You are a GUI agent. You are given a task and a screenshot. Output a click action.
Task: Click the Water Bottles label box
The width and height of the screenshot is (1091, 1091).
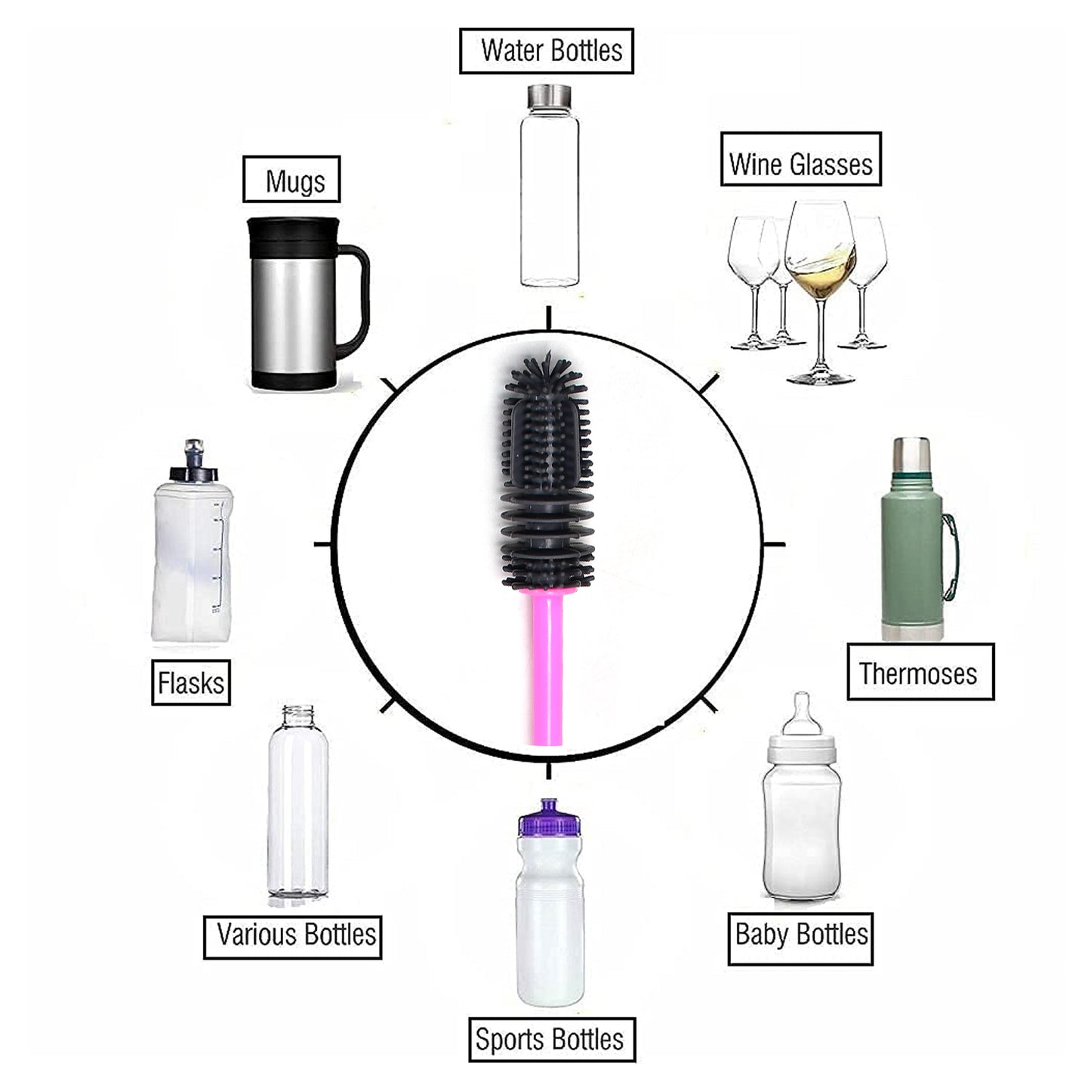[x=546, y=51]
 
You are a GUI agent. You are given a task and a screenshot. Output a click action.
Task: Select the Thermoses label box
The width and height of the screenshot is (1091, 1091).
[x=920, y=672]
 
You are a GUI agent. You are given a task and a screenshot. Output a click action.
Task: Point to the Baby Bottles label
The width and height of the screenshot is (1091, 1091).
[x=800, y=938]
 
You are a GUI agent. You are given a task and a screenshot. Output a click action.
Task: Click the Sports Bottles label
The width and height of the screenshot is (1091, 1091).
[x=551, y=1040]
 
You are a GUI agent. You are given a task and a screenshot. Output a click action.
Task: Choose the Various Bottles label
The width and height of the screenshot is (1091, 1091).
[x=292, y=937]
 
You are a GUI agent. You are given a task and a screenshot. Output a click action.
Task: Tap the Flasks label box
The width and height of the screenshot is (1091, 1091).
[x=190, y=683]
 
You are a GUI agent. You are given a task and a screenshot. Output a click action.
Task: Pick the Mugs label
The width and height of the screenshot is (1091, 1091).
[x=291, y=180]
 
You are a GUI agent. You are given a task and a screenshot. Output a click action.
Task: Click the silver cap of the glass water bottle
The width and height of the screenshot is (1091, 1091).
[x=548, y=96]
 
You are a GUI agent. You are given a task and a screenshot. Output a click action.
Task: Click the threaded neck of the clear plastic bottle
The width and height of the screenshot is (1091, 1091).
[x=298, y=716]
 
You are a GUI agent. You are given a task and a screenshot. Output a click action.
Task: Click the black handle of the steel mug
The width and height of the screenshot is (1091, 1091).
[x=358, y=294]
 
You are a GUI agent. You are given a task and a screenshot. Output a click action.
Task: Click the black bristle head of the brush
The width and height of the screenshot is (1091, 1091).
[x=547, y=468]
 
